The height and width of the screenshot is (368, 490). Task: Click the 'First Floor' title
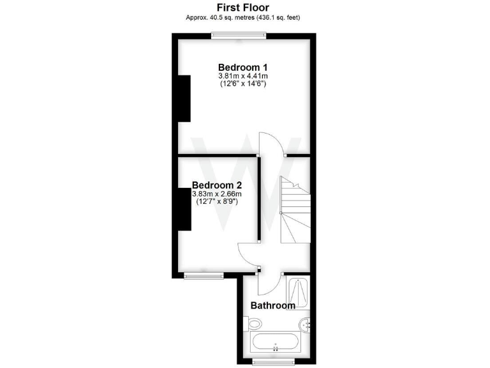(x=242, y=7)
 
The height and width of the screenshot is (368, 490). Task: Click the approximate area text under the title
(x=242, y=17)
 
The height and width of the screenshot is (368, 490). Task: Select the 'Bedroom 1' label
(x=242, y=67)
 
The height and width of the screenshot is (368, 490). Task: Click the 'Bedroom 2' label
(x=217, y=185)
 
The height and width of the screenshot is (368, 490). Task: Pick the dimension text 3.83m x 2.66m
(x=217, y=194)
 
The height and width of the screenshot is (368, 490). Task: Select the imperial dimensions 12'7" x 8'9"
(x=217, y=202)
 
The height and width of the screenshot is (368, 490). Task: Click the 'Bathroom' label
(x=272, y=305)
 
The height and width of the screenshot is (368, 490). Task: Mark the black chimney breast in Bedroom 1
(x=184, y=98)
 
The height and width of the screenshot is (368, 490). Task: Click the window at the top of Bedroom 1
(x=239, y=36)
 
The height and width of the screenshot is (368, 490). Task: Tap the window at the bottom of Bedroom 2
(x=204, y=275)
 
